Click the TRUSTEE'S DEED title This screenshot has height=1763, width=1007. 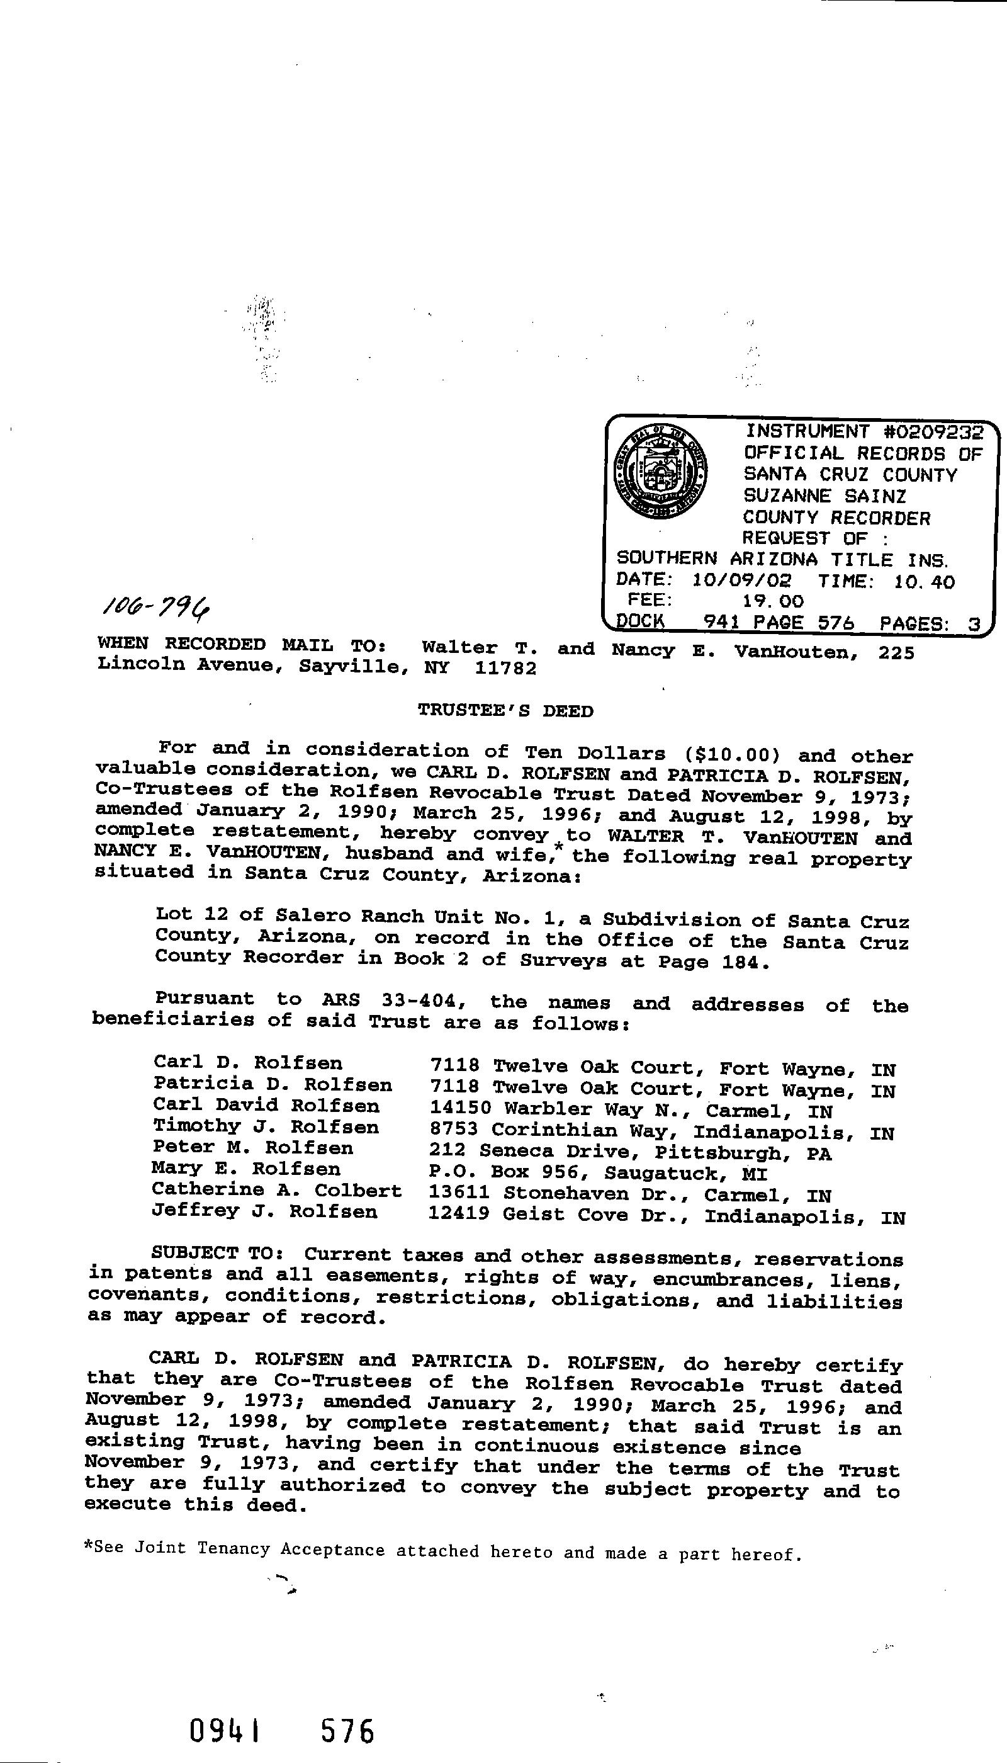coord(505,711)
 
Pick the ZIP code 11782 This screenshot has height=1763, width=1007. coord(505,669)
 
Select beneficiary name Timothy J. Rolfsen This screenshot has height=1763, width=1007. coord(266,1127)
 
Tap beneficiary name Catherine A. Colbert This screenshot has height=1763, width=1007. coord(277,1191)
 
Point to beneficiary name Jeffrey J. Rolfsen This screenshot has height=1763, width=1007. coord(265,1211)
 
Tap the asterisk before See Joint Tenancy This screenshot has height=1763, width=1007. coord(88,1547)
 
